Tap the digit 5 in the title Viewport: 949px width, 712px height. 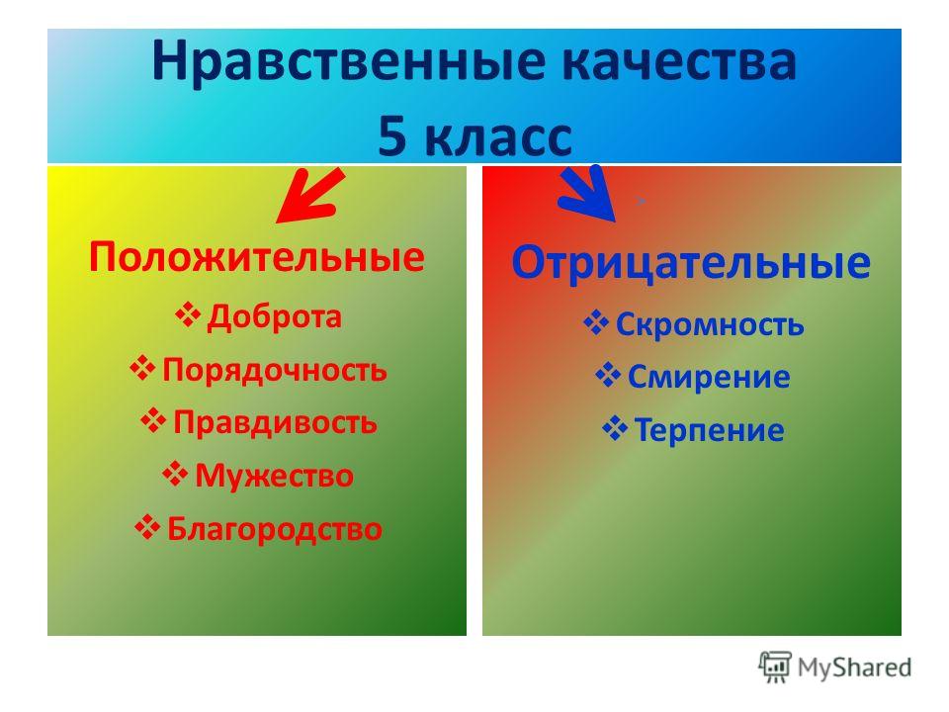click(392, 135)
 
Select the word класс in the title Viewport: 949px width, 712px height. click(498, 135)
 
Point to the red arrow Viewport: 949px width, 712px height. click(308, 196)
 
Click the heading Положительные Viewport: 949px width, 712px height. click(257, 257)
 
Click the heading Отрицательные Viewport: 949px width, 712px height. click(691, 263)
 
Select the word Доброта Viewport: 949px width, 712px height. click(274, 316)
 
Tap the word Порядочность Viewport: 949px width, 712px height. click(274, 369)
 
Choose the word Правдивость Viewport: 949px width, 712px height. click(275, 422)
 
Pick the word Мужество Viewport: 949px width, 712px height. click(274, 476)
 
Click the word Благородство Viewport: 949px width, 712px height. click(274, 528)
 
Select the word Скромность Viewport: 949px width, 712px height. click(710, 324)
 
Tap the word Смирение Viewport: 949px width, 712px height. click(709, 377)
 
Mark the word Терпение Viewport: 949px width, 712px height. click(709, 430)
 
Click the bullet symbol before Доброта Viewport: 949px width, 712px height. click(188, 314)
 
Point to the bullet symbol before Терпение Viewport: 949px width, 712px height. click(615, 428)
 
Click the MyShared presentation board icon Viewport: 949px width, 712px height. click(775, 667)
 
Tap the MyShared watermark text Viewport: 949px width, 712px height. click(854, 667)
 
